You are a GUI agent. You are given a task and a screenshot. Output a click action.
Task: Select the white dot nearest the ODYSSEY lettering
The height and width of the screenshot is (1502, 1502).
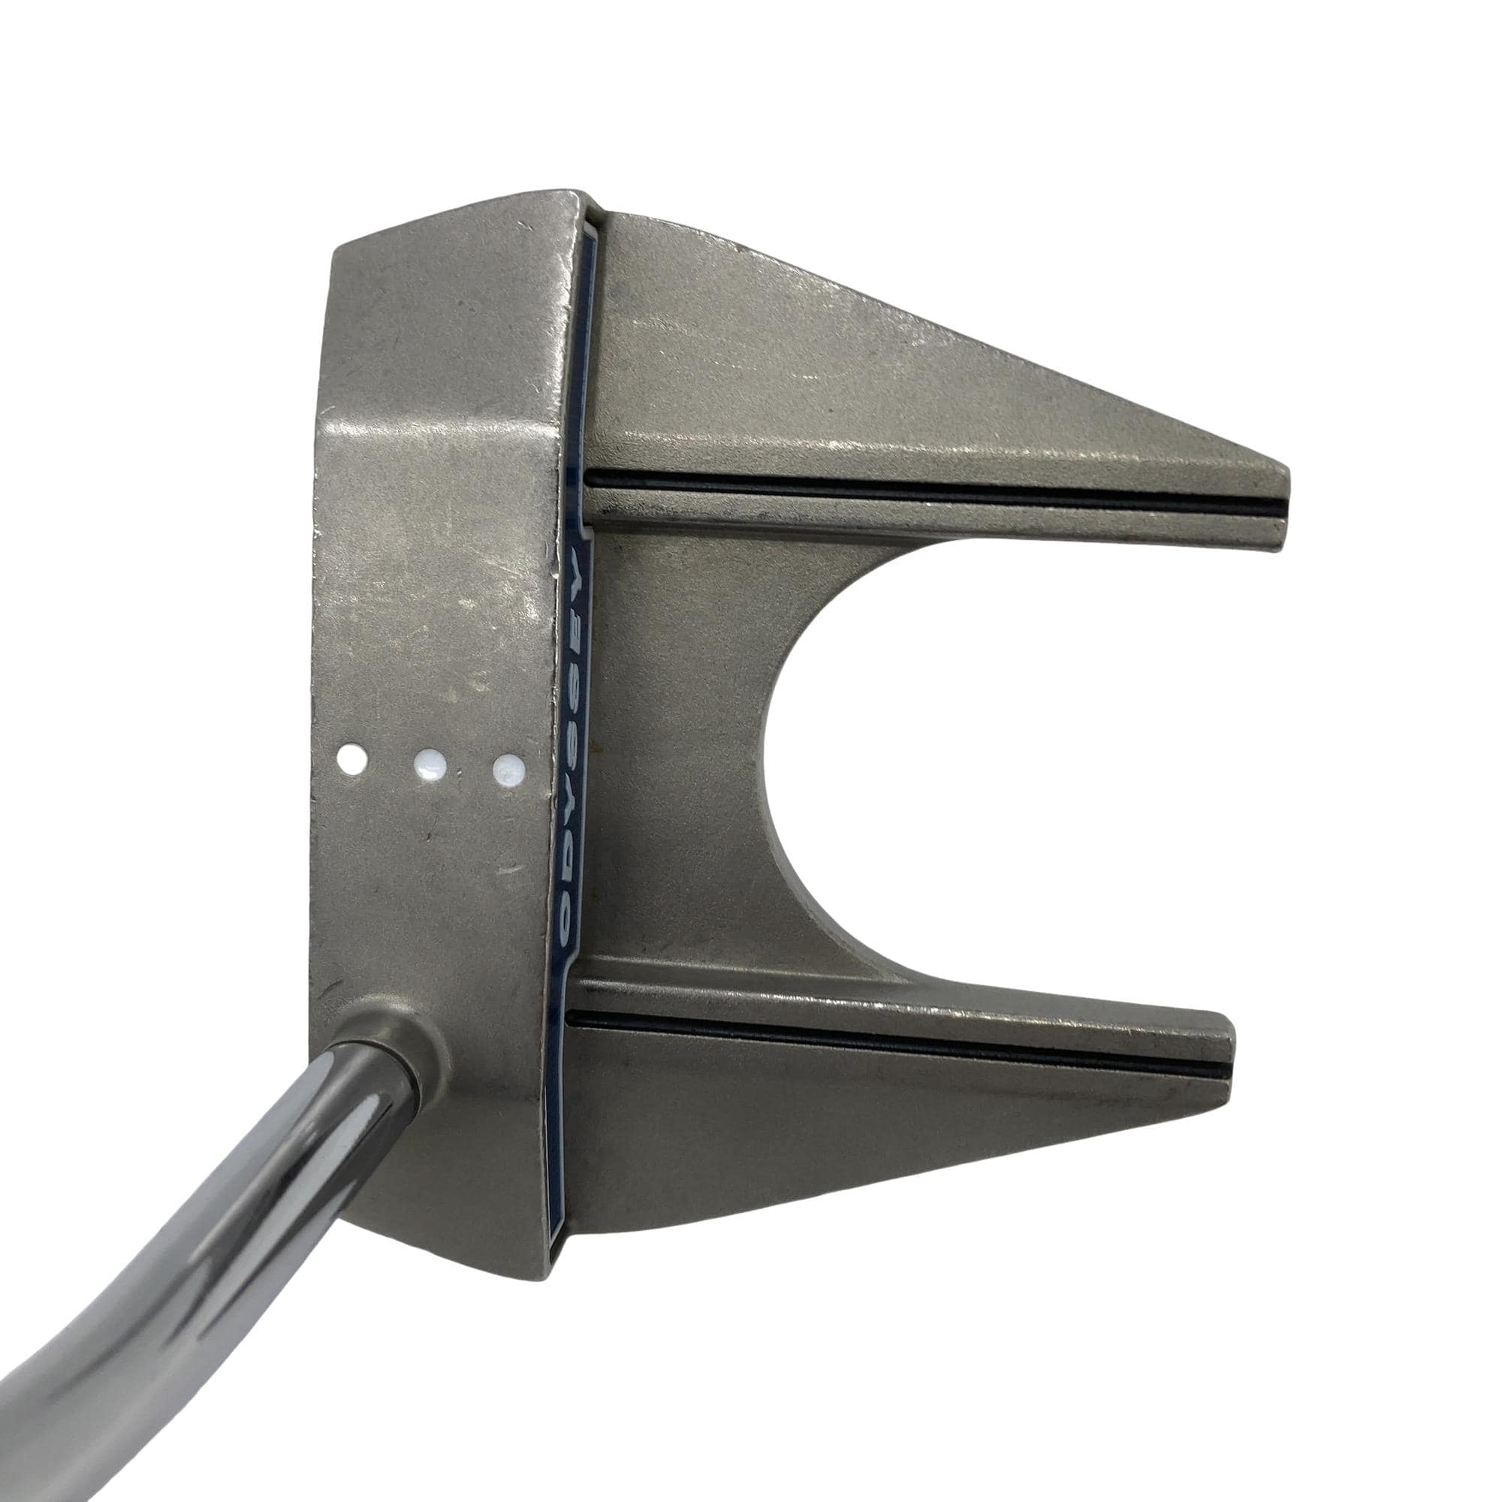tap(508, 770)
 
